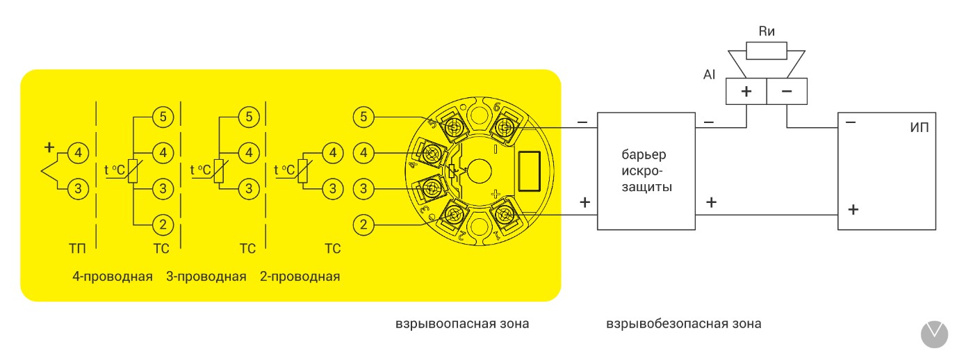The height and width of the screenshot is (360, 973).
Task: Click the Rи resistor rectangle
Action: coord(767,51)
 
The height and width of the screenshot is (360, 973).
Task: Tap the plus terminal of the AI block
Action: coord(746,91)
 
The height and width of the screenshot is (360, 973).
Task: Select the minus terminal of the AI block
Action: coord(787,91)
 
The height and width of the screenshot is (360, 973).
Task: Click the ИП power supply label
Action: coord(919,128)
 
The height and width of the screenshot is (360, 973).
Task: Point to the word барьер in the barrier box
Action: coord(646,154)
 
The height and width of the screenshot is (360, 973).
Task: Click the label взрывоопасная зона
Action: coord(462,324)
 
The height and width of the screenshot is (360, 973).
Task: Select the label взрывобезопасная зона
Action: coord(684,324)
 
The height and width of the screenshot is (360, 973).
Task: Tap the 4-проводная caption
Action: coord(112,277)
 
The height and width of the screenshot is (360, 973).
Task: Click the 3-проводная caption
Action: coord(206,277)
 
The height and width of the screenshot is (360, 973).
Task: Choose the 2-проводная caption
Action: coord(300,277)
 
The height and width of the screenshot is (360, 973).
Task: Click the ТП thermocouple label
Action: coord(76,249)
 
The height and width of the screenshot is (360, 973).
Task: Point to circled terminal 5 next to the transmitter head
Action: coord(364,117)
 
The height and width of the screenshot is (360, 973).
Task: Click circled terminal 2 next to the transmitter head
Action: coord(364,224)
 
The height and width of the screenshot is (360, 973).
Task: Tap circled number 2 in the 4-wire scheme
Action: coord(163,224)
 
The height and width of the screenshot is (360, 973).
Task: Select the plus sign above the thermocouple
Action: coord(49,147)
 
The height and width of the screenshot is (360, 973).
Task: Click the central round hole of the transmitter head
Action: coord(479,169)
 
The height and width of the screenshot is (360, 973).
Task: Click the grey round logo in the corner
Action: coord(934,334)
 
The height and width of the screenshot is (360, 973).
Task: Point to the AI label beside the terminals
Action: coord(709,74)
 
